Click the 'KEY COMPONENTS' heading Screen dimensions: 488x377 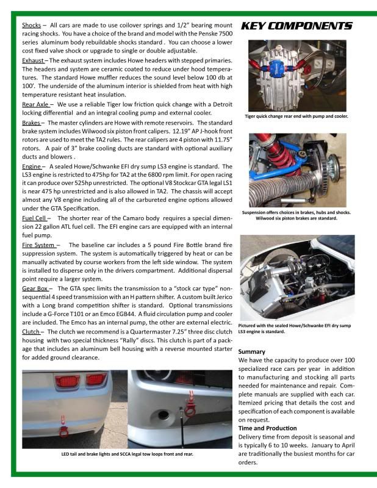[296, 26]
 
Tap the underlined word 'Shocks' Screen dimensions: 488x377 [31, 25]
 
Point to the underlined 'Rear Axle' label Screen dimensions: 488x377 [35, 104]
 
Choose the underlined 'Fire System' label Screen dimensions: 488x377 [39, 245]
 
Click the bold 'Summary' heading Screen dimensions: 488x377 [251, 352]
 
